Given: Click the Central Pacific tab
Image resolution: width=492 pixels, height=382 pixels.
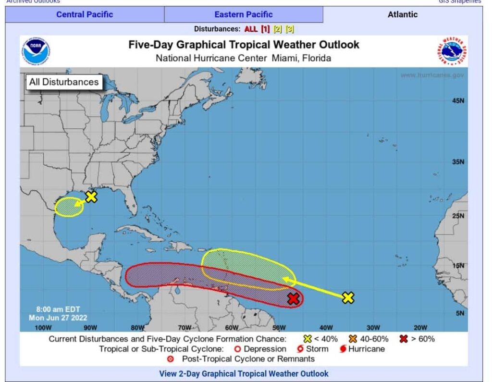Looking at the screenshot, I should pyautogui.click(x=85, y=14).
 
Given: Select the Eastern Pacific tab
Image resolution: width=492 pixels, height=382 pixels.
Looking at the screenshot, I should pyautogui.click(x=243, y=14).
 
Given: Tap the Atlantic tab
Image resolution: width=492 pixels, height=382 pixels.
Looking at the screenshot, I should pyautogui.click(x=402, y=14).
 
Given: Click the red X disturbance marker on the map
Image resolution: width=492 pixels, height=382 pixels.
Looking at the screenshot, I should pyautogui.click(x=294, y=299).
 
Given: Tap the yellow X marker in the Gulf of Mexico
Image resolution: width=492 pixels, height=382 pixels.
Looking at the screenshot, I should pyautogui.click(x=91, y=197).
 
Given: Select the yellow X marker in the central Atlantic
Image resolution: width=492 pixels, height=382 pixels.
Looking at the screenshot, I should pyautogui.click(x=348, y=298).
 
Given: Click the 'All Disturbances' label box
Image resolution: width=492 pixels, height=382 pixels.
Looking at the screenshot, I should pyautogui.click(x=63, y=82).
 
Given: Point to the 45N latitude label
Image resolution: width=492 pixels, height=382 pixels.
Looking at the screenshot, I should pyautogui.click(x=458, y=101).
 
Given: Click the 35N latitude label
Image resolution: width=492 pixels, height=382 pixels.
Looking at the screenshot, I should pyautogui.click(x=458, y=162).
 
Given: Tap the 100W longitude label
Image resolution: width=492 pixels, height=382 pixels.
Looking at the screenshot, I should pyautogui.click(x=43, y=328).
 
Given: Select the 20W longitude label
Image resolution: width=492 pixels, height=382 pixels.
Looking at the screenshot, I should pyautogui.click(x=420, y=328).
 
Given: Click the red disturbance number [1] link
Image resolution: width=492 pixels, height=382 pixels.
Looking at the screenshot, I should pyautogui.click(x=265, y=29).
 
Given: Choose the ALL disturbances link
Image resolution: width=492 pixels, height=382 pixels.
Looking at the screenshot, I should pyautogui.click(x=251, y=29).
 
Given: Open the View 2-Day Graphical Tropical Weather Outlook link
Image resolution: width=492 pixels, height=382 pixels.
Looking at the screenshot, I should pyautogui.click(x=244, y=373).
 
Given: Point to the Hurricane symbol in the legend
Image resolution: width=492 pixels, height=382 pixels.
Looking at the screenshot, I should pyautogui.click(x=343, y=349).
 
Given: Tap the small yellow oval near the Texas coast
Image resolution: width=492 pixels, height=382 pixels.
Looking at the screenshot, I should pyautogui.click(x=68, y=208).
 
